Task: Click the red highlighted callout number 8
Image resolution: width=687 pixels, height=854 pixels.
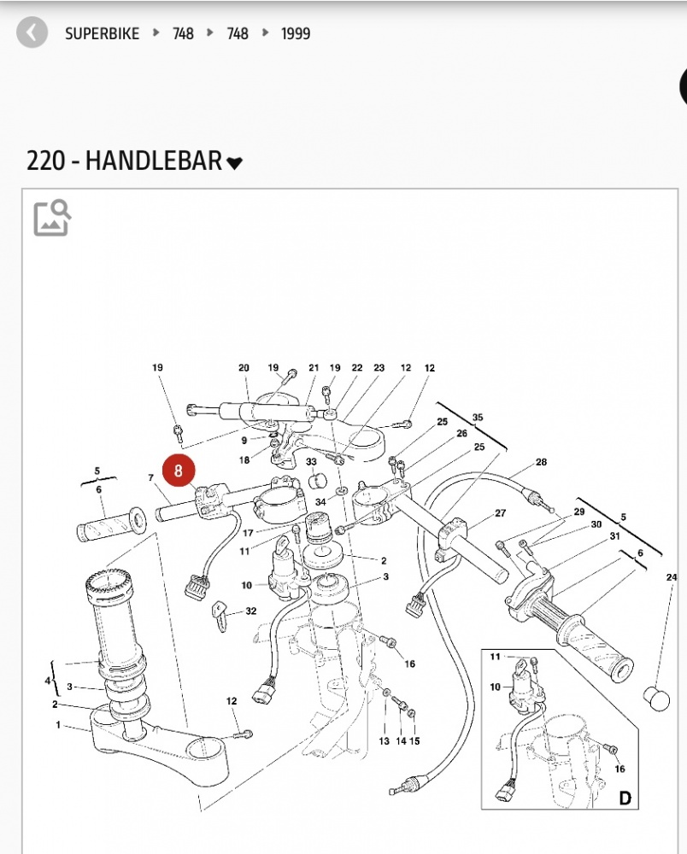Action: [178, 471]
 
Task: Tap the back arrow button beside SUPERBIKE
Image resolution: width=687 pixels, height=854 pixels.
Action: [32, 33]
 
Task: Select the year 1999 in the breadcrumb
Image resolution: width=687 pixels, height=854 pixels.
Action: [296, 34]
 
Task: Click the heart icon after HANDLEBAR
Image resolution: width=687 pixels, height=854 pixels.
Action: [234, 162]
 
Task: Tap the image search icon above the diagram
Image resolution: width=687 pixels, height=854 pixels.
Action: [52, 218]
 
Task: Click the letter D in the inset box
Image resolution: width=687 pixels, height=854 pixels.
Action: [625, 798]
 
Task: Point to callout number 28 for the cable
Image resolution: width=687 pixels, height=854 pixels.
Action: [541, 462]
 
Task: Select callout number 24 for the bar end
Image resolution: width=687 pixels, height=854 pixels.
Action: [672, 578]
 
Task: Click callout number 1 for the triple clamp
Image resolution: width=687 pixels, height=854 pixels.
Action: [58, 725]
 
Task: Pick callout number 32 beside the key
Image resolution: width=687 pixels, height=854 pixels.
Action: [250, 611]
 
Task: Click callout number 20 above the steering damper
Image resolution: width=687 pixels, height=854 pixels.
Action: [244, 368]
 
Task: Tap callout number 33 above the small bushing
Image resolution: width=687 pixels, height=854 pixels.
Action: [312, 462]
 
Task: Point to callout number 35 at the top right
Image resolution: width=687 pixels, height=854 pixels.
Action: [478, 418]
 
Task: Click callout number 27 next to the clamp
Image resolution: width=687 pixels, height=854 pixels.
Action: [501, 513]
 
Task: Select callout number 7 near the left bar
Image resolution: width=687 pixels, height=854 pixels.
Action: [150, 478]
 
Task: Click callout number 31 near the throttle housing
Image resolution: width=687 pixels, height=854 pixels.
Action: [614, 536]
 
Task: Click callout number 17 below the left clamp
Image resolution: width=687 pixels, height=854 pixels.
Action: [248, 534]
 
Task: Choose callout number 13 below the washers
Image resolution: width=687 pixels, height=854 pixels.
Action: [385, 741]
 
